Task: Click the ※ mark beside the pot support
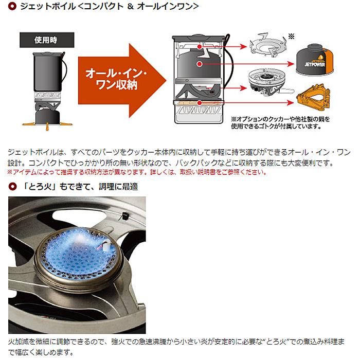[x=291, y=37]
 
